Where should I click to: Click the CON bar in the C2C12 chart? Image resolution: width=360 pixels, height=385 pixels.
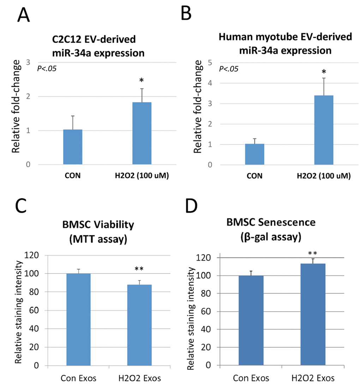coord(73,147)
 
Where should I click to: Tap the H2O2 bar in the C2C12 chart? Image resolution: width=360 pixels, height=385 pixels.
coord(142,133)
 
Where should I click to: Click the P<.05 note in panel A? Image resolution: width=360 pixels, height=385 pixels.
coord(47,68)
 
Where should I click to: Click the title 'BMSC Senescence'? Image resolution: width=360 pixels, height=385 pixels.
coord(266,223)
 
